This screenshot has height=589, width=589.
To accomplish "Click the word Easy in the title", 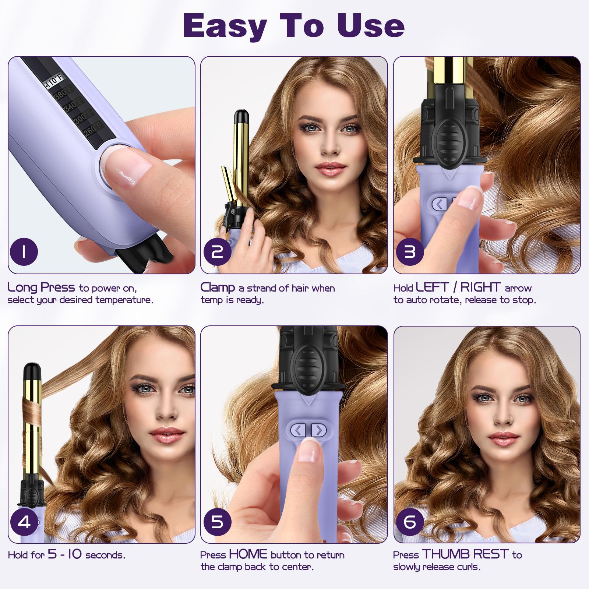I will [225, 26].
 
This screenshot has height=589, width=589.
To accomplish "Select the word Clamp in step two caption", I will [218, 288].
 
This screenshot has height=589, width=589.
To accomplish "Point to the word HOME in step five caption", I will [248, 554].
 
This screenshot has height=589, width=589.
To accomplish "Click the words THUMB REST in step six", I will [465, 554].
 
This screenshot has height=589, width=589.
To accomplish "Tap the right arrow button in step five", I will [319, 430].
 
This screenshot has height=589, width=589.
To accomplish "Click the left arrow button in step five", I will [298, 430].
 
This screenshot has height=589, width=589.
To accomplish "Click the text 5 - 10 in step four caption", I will [65, 554].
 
